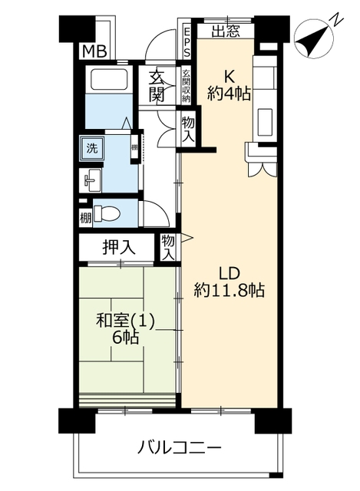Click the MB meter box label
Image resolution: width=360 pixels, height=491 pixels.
(x=94, y=51)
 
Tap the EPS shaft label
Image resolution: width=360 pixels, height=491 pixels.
(x=187, y=42)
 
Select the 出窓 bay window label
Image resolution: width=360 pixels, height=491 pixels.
(x=226, y=31)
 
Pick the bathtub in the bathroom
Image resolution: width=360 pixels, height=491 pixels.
(x=109, y=79)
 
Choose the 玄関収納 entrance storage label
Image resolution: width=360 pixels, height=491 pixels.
(x=186, y=86)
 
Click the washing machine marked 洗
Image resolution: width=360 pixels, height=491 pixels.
(x=91, y=148)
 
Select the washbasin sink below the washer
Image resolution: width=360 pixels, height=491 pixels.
(x=91, y=180)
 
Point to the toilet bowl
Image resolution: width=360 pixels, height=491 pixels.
(x=107, y=214)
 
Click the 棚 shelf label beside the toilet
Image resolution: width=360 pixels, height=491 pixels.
(x=85, y=218)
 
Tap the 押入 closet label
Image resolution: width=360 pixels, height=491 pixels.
(x=119, y=247)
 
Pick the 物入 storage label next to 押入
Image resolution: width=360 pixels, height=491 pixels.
(x=168, y=247)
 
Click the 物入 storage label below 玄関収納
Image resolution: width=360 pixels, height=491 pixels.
(x=188, y=130)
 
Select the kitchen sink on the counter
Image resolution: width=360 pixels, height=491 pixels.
(x=265, y=121)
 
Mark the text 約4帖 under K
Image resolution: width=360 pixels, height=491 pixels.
(x=229, y=94)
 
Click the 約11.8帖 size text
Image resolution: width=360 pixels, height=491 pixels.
(x=230, y=290)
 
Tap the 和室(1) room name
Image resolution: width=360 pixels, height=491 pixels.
(x=125, y=321)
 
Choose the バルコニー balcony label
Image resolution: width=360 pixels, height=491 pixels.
(x=180, y=447)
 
